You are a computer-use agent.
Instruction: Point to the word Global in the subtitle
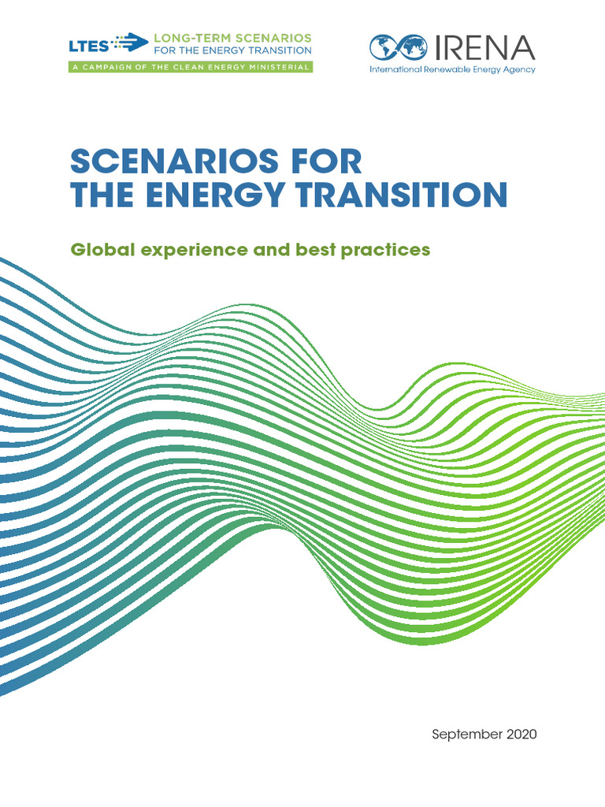pyautogui.click(x=100, y=250)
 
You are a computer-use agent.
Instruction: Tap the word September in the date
pyautogui.click(x=465, y=734)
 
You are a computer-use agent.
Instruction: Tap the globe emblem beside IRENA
pyautogui.click(x=399, y=49)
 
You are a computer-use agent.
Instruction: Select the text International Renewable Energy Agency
pyautogui.click(x=452, y=69)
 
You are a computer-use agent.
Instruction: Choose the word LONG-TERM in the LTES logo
pyautogui.click(x=187, y=37)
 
